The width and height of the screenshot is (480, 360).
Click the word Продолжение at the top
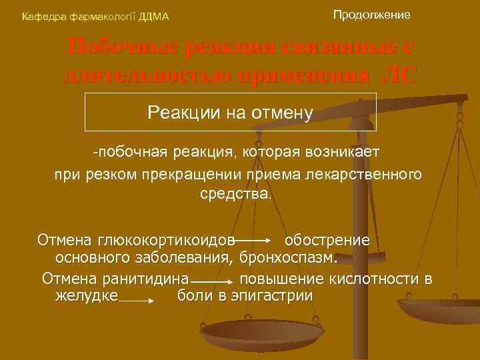coord(371,14)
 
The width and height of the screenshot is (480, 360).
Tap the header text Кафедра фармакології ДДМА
coord(95,16)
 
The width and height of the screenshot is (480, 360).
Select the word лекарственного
coord(368,174)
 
